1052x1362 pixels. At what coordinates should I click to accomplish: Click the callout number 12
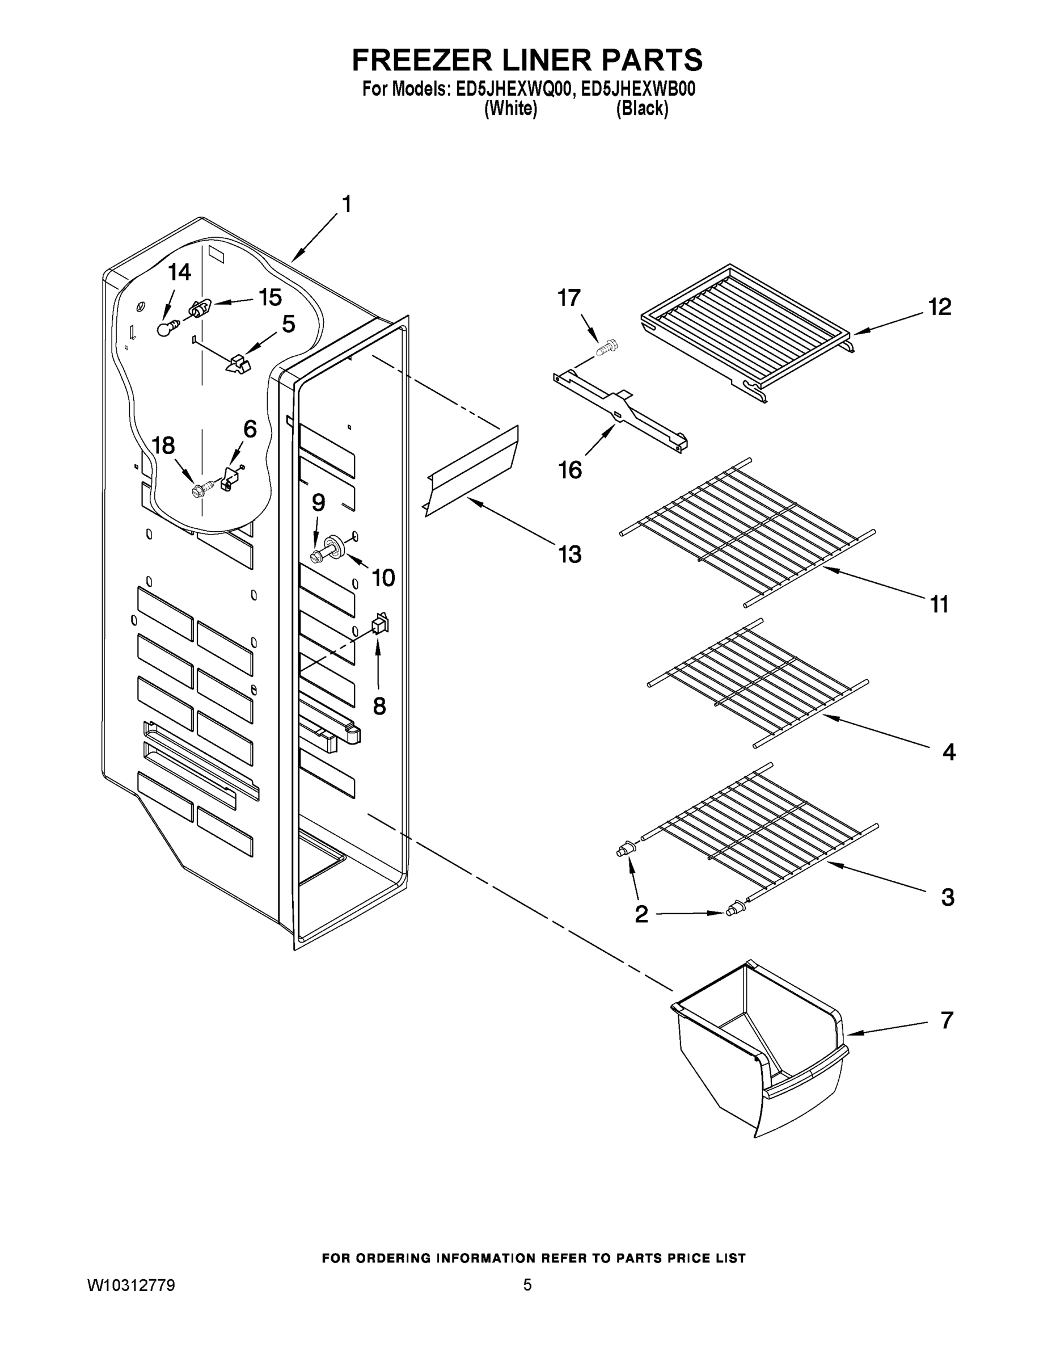click(940, 307)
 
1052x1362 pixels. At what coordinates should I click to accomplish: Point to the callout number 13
click(569, 554)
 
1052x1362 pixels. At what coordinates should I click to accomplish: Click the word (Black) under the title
click(642, 109)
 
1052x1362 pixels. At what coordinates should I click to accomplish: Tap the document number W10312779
click(130, 1285)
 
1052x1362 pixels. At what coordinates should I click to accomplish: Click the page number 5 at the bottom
click(527, 1285)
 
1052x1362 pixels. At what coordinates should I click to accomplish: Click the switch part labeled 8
click(379, 624)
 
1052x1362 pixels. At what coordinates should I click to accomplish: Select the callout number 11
click(939, 604)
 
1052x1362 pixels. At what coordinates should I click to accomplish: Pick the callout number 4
click(948, 752)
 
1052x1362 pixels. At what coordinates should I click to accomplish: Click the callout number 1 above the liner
click(347, 204)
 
